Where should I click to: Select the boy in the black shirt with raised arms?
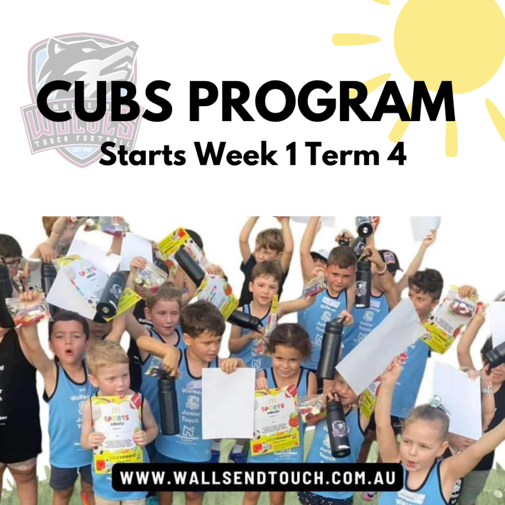[266, 252]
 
